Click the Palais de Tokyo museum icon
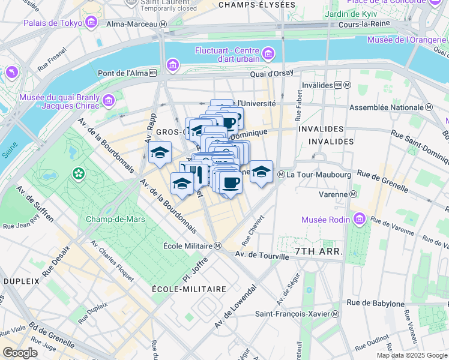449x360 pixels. (92, 23)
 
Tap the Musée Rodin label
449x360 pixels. (330, 219)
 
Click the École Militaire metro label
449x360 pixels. (188, 245)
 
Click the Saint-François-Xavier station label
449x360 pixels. (294, 314)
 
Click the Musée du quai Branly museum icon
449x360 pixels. (109, 100)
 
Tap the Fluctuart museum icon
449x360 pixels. (268, 54)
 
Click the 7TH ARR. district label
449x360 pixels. (318, 251)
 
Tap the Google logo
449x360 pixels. (20, 353)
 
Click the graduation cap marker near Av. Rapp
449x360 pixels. (160, 154)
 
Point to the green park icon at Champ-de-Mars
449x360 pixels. (78, 174)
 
